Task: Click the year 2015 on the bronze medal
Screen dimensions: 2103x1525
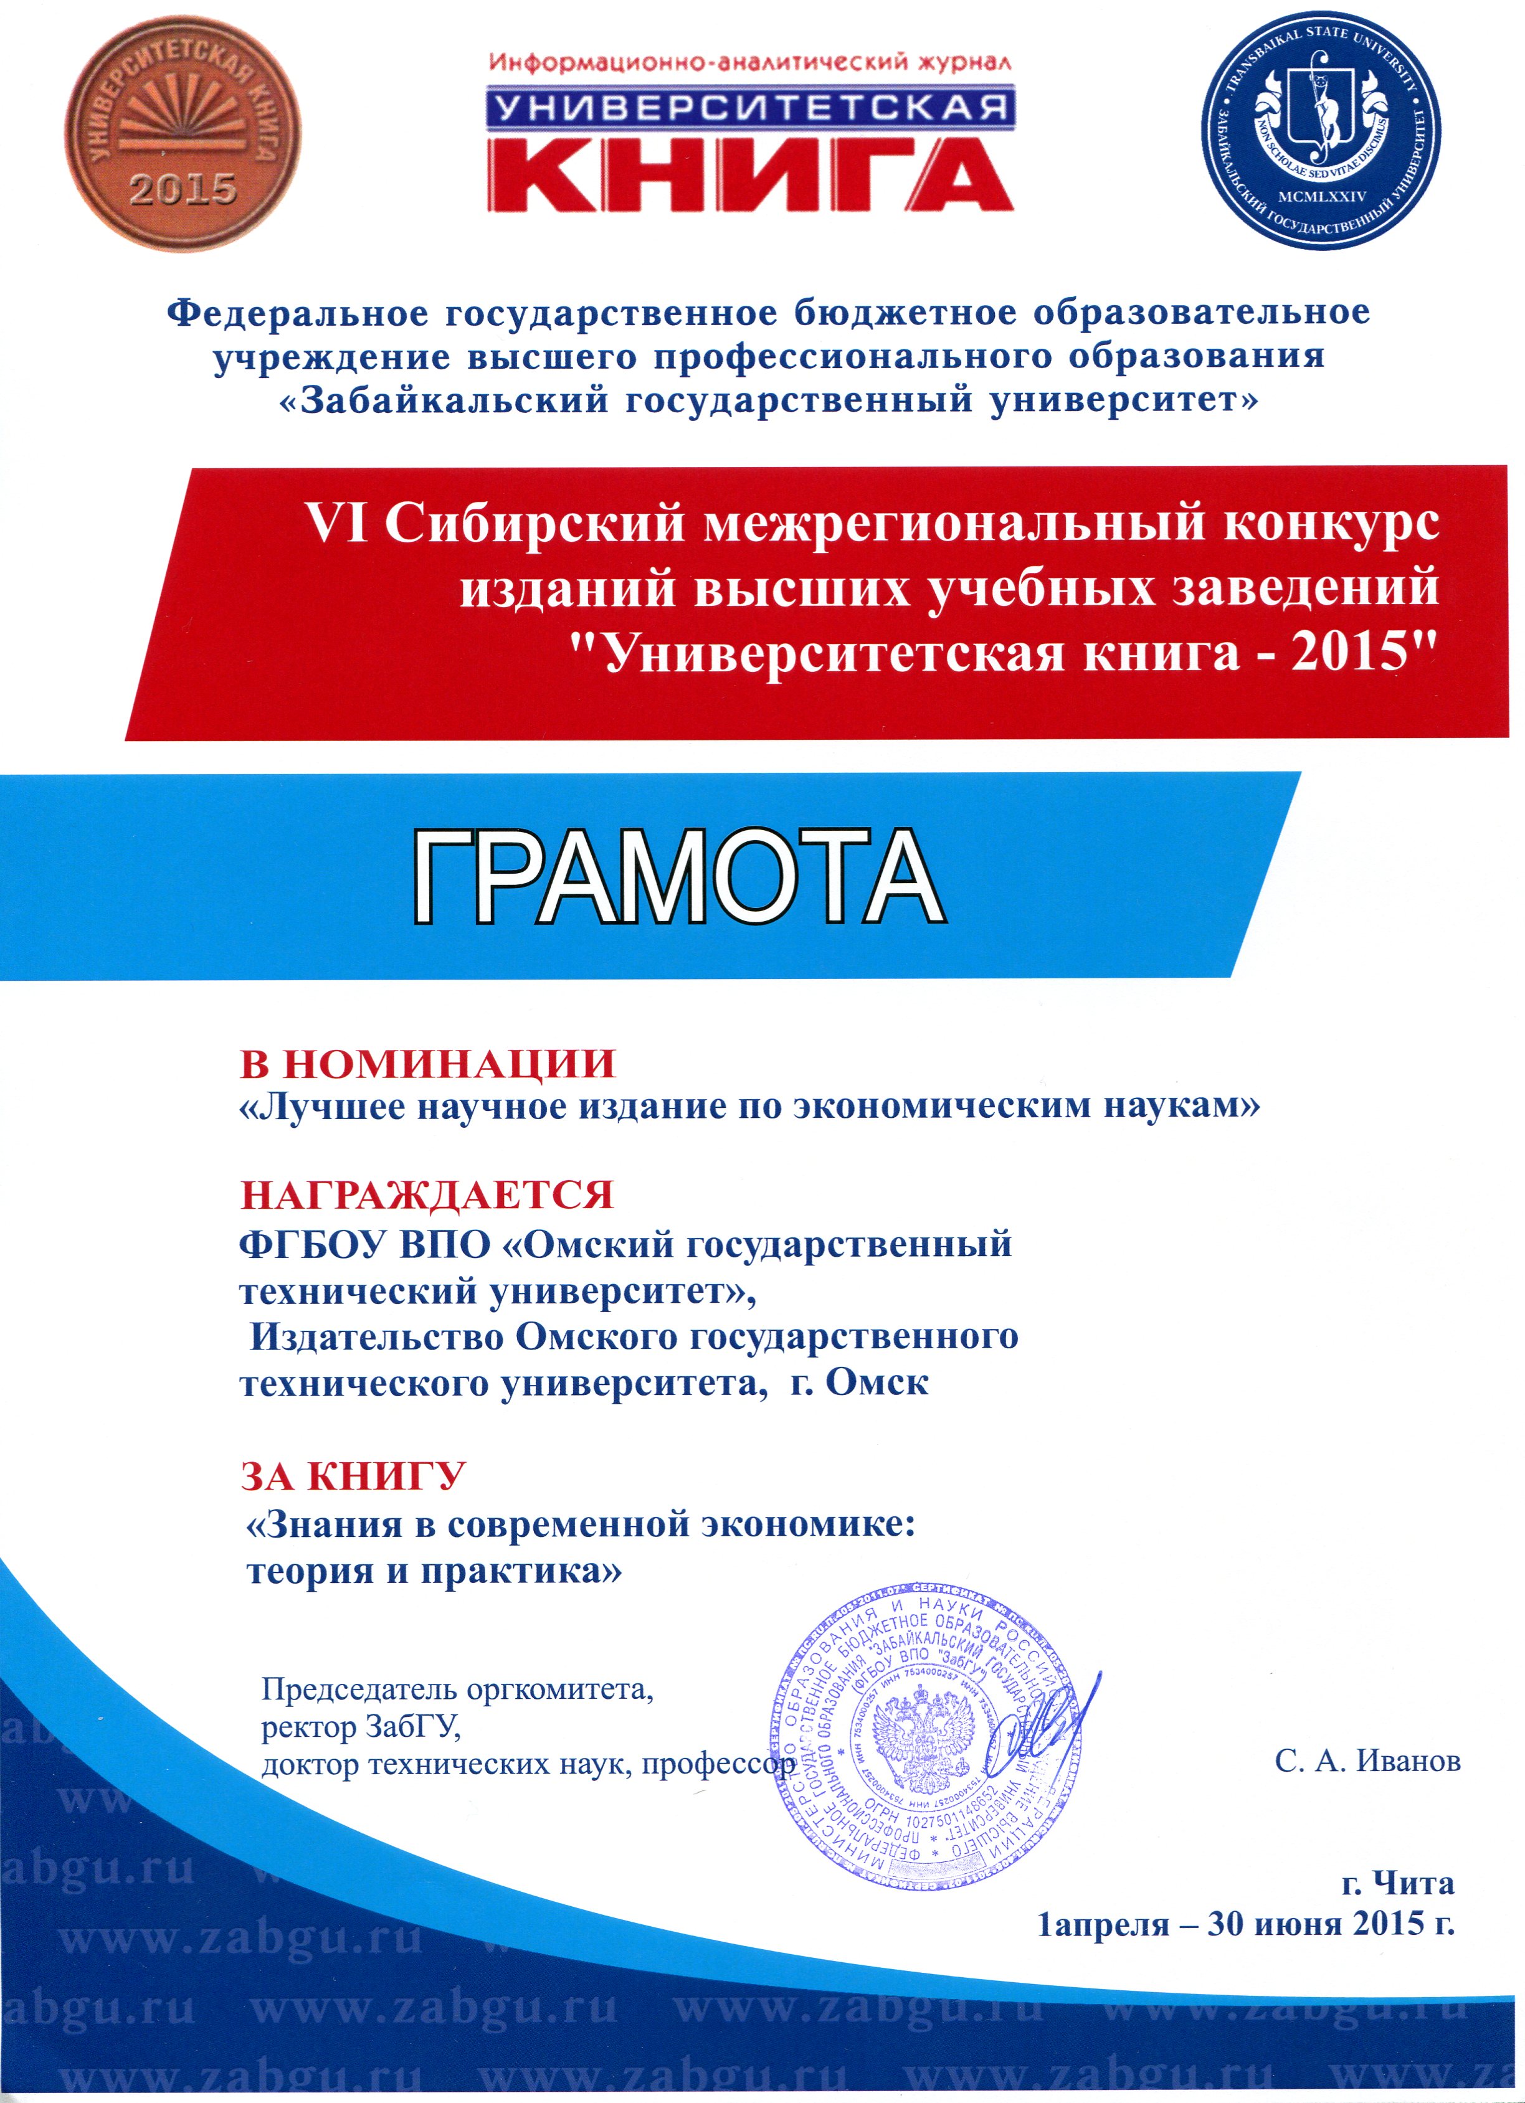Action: [x=183, y=189]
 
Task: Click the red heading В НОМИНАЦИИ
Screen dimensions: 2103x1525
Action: [x=427, y=1064]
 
